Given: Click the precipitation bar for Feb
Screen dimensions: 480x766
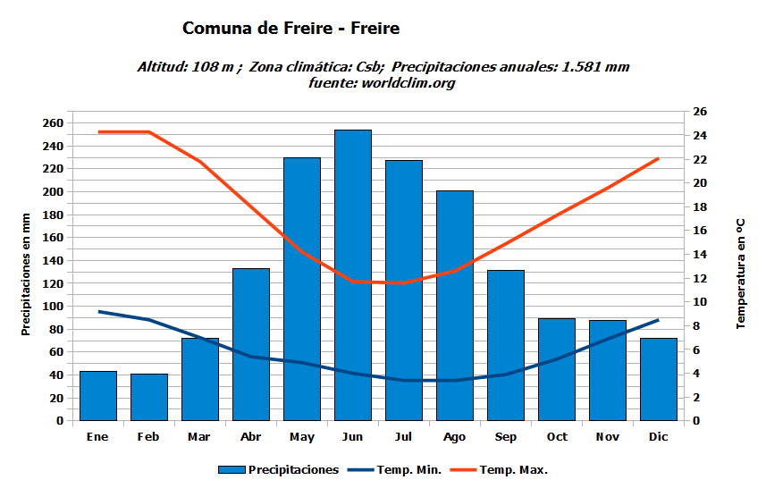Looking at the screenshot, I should coord(149,397).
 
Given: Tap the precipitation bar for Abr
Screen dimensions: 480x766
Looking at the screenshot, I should coord(251,344).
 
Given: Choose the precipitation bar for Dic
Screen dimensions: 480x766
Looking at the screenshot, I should coord(659,379).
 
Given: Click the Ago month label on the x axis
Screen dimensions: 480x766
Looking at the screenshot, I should coord(455,437).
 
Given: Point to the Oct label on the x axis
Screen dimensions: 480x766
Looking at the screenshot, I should coord(557,437).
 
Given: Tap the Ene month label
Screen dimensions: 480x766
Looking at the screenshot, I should coord(98,437).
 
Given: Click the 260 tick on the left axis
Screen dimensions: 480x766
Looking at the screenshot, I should coord(54,123).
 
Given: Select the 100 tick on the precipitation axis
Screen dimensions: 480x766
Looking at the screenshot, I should coord(54,307).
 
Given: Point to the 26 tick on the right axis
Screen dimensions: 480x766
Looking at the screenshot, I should coord(700,112).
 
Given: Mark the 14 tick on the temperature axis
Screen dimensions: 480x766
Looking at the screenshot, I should coord(700,255).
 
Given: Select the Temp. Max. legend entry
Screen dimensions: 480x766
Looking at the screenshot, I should coord(513,470).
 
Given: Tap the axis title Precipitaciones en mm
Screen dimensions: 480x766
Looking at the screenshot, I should coord(27,274).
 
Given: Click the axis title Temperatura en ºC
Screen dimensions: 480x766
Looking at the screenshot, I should coord(740,272).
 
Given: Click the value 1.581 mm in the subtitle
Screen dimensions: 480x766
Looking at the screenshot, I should coord(595,67).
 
